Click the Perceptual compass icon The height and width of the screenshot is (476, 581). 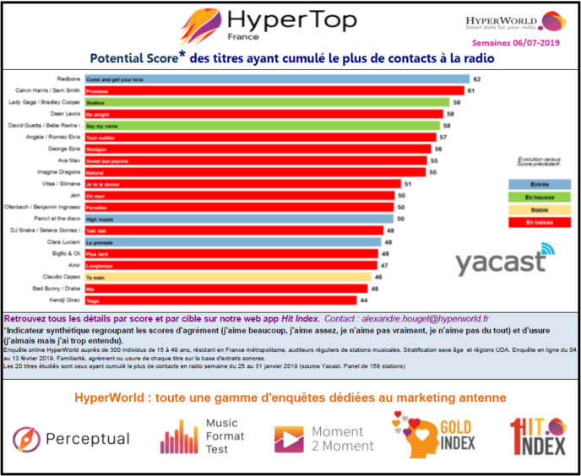[24, 439]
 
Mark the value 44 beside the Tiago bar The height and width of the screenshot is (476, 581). [364, 300]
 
